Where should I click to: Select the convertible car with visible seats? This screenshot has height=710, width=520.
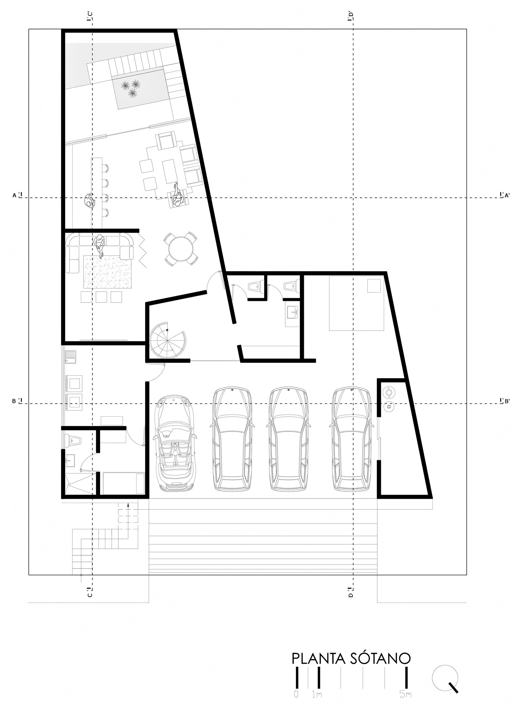tap(175, 444)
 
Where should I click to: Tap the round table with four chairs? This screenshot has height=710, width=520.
tap(181, 249)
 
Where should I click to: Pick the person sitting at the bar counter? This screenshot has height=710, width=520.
tap(90, 200)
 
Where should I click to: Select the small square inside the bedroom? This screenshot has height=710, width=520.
tap(374, 285)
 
